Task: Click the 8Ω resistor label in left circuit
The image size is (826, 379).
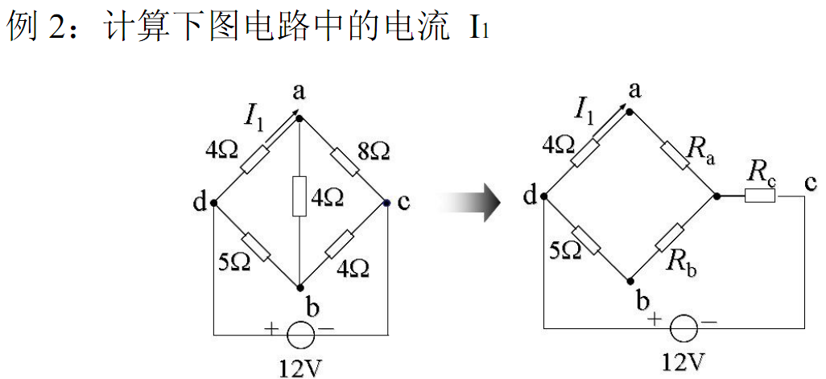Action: [x=374, y=150]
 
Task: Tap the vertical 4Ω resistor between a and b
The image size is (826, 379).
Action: [x=299, y=196]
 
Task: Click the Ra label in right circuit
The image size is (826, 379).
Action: [x=700, y=149]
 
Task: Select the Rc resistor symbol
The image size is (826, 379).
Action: [x=759, y=196]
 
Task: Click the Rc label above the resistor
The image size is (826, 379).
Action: [x=762, y=171]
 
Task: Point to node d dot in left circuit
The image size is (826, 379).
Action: [x=214, y=203]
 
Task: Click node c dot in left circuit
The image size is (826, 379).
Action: [x=387, y=203]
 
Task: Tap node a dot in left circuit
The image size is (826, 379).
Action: [x=299, y=118]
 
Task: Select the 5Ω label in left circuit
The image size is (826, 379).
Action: [x=234, y=262]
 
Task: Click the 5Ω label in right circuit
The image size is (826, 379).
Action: [x=567, y=251]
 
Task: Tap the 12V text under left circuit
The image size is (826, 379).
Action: [x=300, y=369]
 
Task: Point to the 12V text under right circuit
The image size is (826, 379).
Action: [x=684, y=363]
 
